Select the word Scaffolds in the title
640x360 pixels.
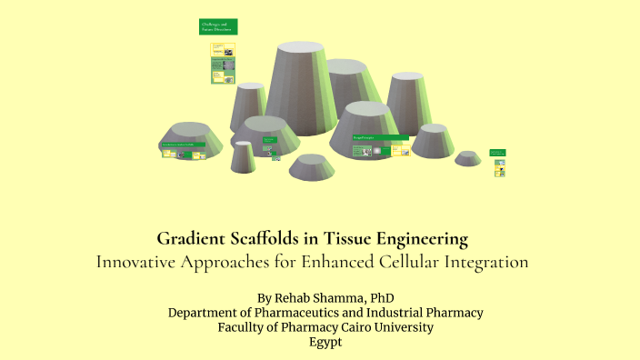point(265,240)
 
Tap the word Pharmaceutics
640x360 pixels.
point(285,312)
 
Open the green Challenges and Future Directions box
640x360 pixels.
point(218,27)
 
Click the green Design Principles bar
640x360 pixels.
point(380,138)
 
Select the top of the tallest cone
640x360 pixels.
point(295,47)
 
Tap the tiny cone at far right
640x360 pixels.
point(468,156)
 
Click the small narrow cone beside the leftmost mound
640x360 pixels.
point(243,155)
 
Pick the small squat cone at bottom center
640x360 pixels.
point(312,165)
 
